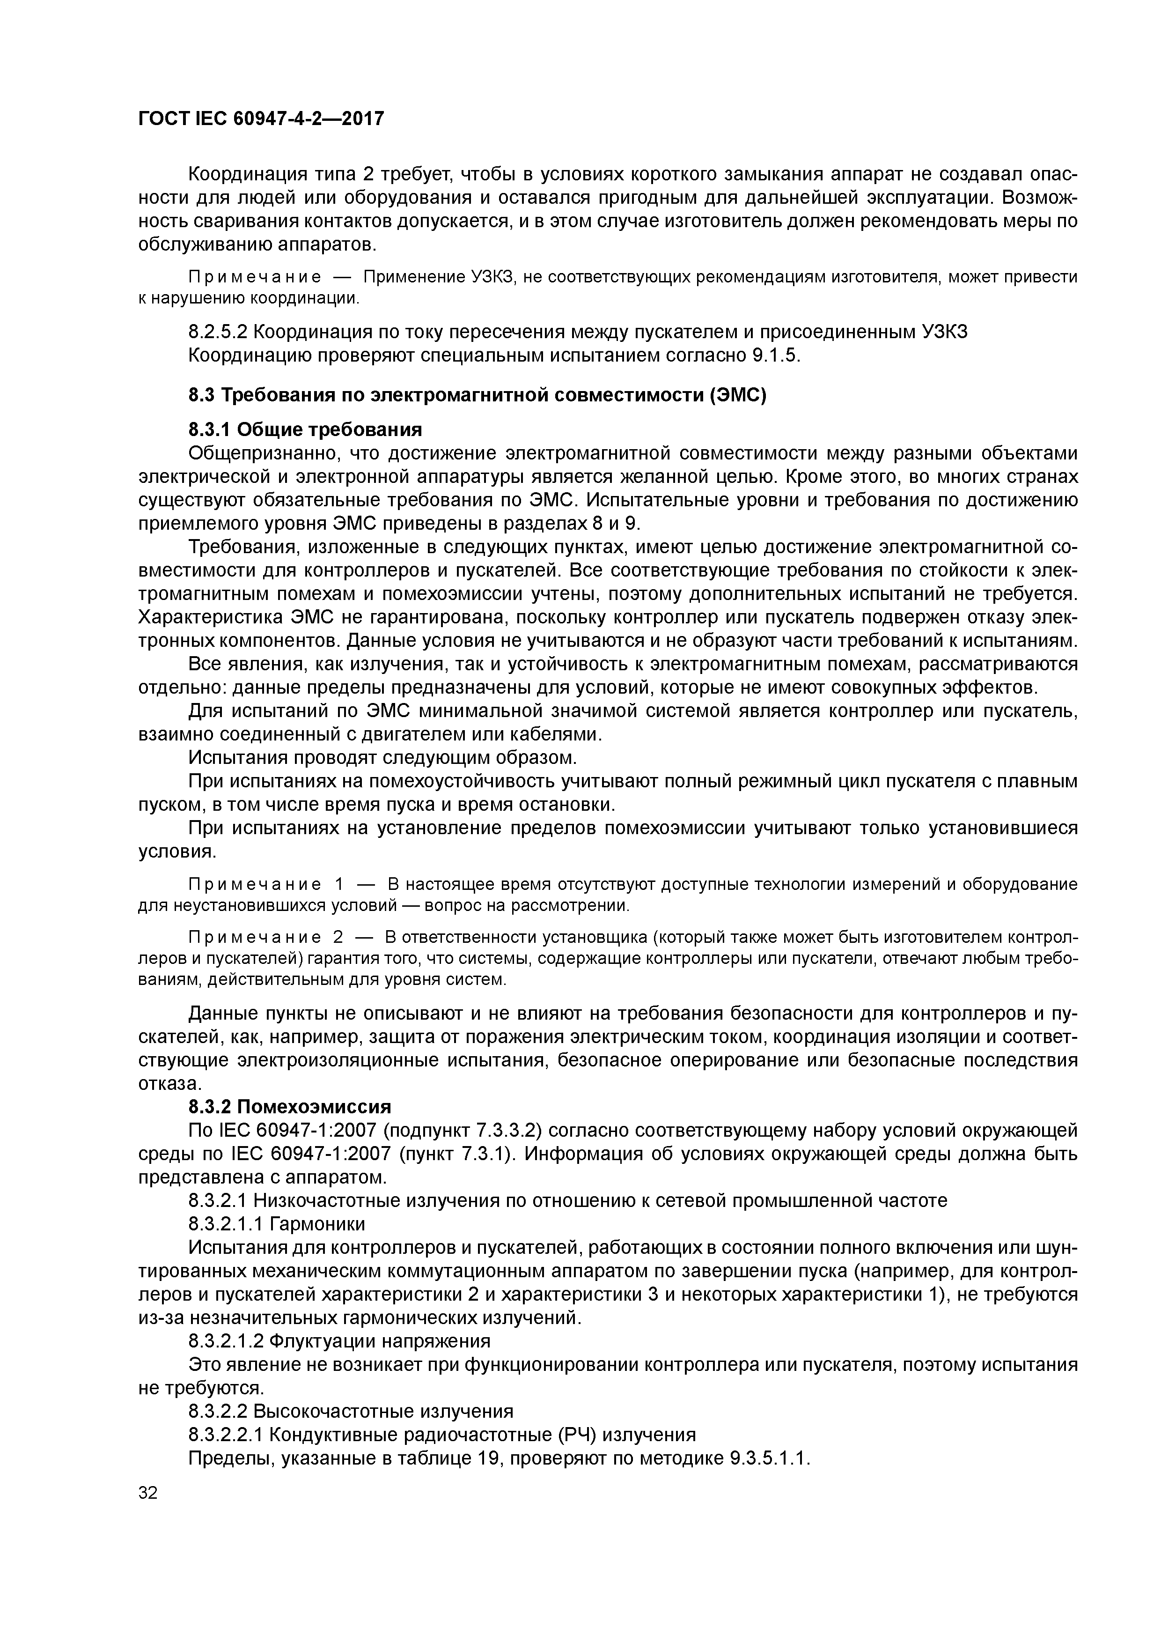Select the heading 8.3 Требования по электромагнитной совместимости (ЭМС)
(477, 395)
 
